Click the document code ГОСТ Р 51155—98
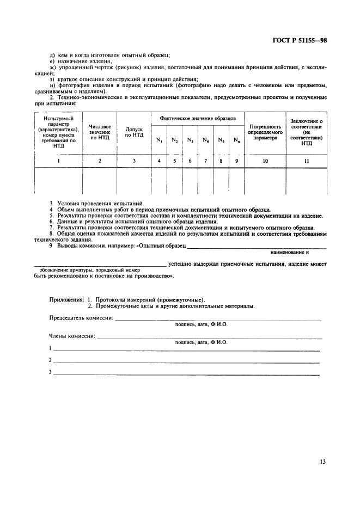click(302, 41)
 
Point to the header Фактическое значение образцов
click(198, 118)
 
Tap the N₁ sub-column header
click(159, 140)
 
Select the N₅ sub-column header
click(221, 140)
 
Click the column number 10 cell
click(265, 161)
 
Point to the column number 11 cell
click(306, 161)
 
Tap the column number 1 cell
click(58, 161)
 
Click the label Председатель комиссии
click(81, 318)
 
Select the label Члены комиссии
click(72, 336)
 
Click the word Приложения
click(67, 299)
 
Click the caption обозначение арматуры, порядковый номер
click(90, 270)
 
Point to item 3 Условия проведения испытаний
click(97, 203)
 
